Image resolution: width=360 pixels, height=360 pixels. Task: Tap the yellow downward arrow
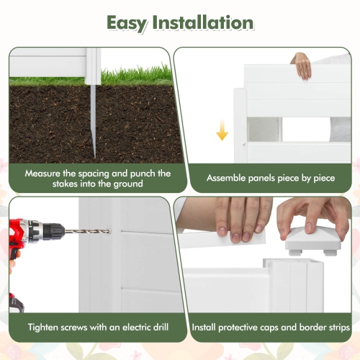(222, 131)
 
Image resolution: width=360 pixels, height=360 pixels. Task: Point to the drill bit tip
(107, 231)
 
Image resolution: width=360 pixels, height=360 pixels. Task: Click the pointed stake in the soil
(92, 126)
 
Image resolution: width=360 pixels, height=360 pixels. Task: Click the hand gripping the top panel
(302, 64)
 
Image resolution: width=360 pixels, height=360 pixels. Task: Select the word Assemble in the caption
(228, 178)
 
